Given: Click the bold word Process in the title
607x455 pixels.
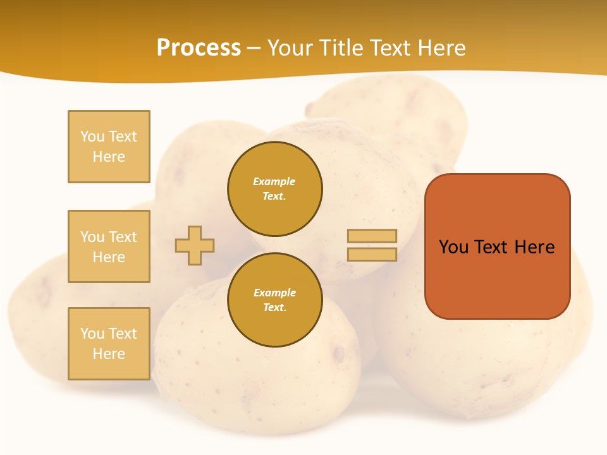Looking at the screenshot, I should (199, 48).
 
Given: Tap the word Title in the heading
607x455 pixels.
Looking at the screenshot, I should (340, 48).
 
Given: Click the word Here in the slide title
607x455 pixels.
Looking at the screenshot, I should (441, 48).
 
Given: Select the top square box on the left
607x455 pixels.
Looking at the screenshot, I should (109, 147).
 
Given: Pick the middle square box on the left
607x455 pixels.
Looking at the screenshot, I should (109, 246).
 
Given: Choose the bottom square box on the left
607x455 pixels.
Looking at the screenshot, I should (109, 344).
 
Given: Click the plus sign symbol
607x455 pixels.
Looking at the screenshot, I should (195, 245).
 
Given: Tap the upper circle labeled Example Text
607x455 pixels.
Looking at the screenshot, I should (275, 189).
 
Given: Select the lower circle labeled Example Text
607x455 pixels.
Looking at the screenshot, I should (275, 300).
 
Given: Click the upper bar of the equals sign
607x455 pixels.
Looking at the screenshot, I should (372, 236).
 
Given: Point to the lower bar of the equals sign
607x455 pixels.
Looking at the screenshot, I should (372, 255).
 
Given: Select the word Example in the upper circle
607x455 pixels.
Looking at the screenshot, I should (274, 182).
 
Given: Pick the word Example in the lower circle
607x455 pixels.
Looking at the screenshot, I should (274, 293).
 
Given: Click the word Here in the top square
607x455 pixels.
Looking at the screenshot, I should (109, 157).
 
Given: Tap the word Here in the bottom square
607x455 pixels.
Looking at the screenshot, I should (109, 354).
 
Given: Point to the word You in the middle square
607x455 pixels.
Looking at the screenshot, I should (92, 237).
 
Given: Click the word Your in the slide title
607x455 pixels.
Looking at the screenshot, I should (291, 48).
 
